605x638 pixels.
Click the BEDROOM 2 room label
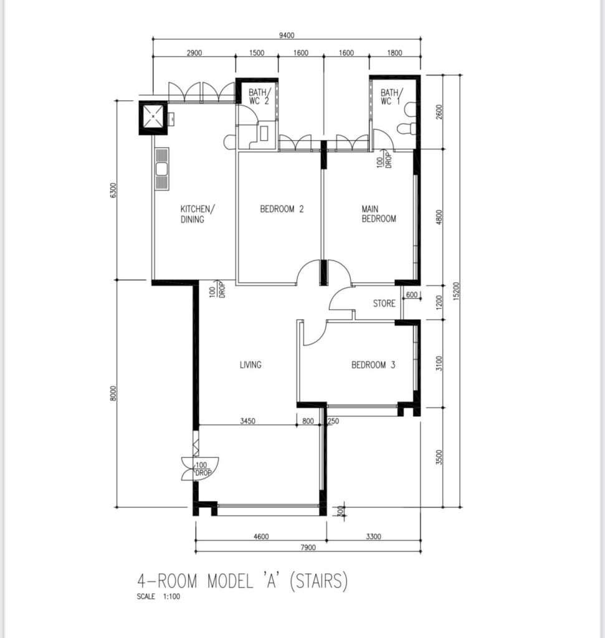[282, 209]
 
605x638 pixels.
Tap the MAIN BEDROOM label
[379, 214]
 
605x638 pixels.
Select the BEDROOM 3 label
[373, 365]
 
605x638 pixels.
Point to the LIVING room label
[250, 365]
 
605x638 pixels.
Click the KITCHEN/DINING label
[198, 214]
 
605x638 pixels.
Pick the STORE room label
[384, 303]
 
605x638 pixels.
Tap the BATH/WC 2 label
[259, 97]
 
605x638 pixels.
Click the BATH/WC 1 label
[391, 97]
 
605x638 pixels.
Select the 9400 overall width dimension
[287, 36]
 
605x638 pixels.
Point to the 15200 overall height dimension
[455, 292]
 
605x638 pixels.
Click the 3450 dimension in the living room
[247, 421]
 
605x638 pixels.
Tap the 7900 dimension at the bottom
[308, 547]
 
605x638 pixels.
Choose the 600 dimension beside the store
[412, 295]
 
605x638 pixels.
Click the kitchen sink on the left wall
[161, 169]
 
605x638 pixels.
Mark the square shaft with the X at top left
[153, 117]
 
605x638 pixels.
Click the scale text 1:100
[171, 596]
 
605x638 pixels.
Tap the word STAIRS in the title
[319, 581]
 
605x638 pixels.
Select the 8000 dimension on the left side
[113, 394]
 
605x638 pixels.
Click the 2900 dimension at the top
[194, 53]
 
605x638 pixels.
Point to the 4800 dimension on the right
[439, 216]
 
